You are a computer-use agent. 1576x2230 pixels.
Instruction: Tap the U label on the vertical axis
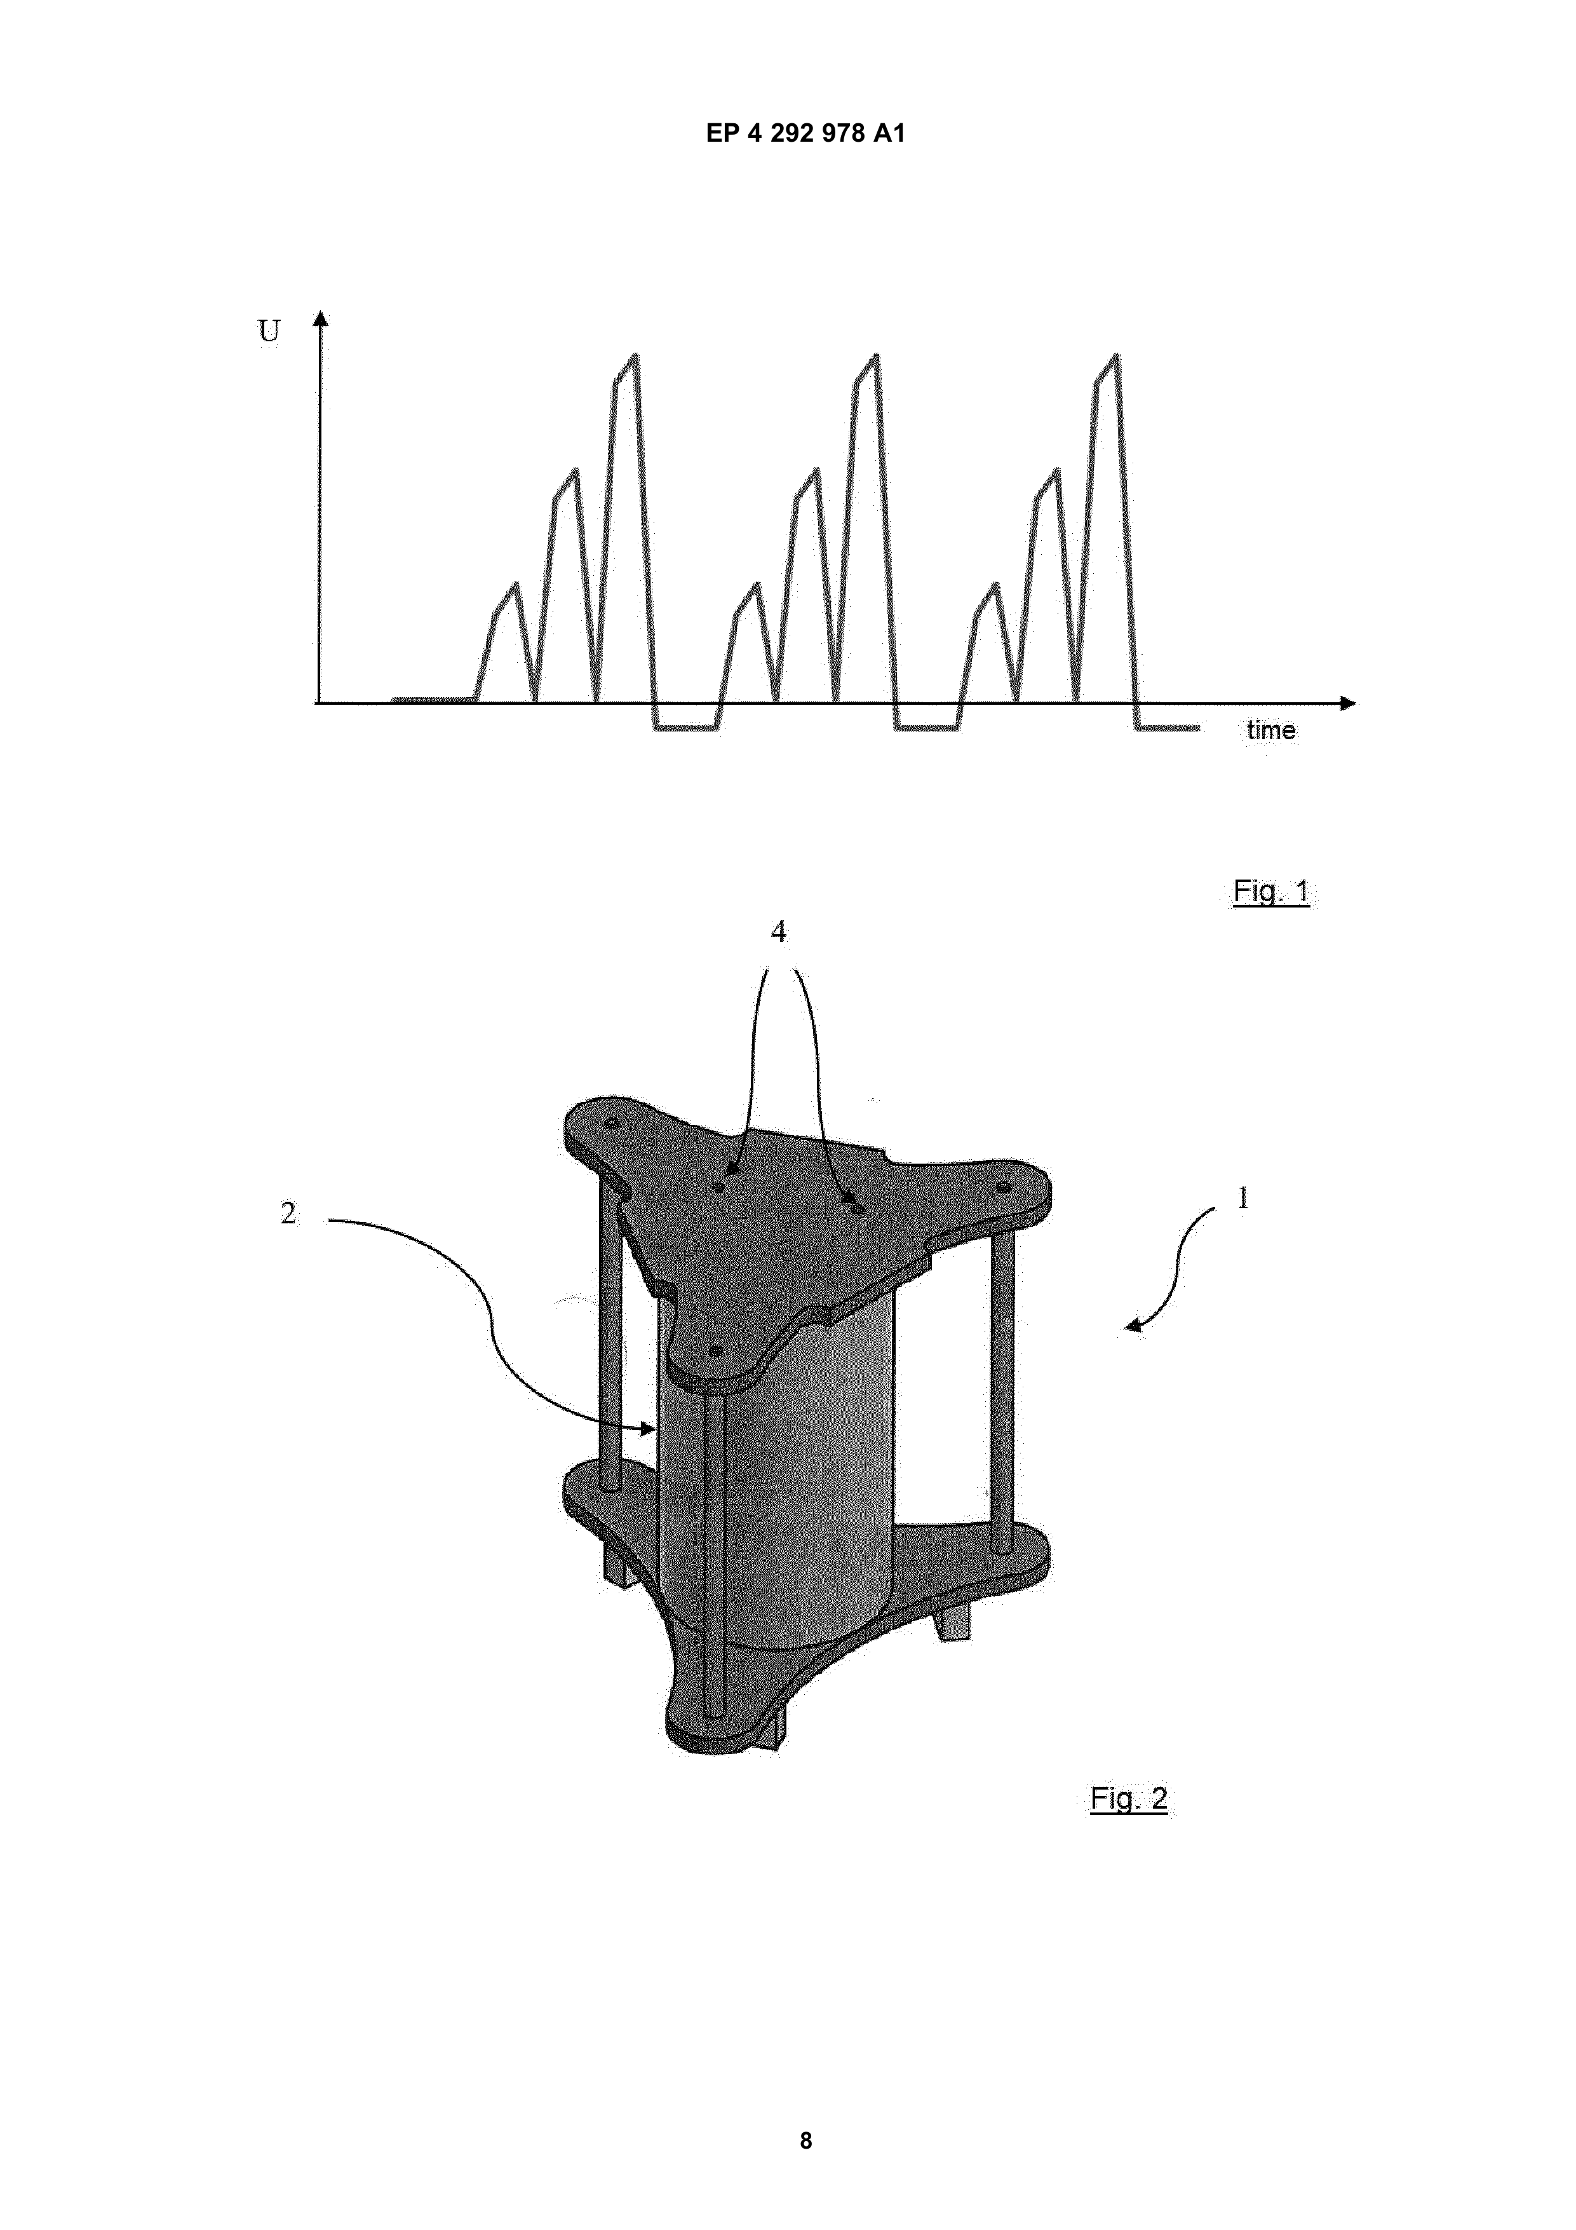pyautogui.click(x=269, y=331)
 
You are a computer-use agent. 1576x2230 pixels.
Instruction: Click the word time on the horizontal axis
pyautogui.click(x=1271, y=730)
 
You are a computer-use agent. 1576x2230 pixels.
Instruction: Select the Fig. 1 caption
pyautogui.click(x=1271, y=890)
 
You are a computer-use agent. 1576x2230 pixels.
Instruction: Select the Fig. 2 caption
pyautogui.click(x=1128, y=1798)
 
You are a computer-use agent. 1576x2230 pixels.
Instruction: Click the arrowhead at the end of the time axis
pyautogui.click(x=1348, y=702)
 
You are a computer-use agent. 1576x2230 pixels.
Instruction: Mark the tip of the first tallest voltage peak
pyautogui.click(x=636, y=355)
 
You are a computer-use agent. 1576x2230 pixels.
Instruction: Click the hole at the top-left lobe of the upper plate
pyautogui.click(x=611, y=1124)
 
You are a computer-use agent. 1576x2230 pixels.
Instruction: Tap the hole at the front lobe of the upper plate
pyautogui.click(x=716, y=1351)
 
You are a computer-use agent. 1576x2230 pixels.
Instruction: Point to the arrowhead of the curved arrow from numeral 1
pyautogui.click(x=1134, y=1326)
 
